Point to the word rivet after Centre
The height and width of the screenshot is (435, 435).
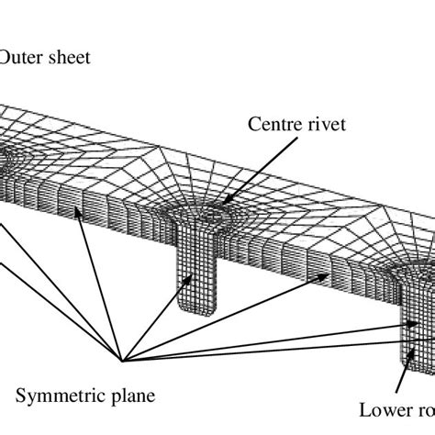tap(326, 126)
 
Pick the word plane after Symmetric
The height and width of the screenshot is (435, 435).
tap(128, 396)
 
